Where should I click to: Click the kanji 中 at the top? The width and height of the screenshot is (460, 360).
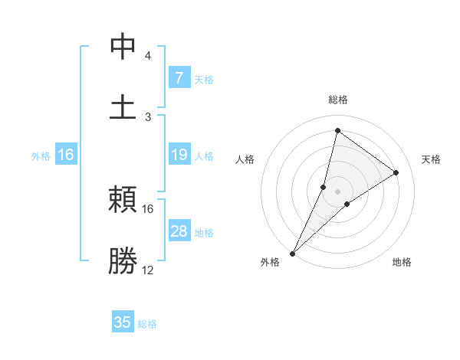tap(123, 47)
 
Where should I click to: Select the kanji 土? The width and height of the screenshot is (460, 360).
tap(123, 106)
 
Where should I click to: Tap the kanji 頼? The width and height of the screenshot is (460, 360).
tap(123, 201)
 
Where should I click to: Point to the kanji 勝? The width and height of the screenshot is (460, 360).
tap(123, 260)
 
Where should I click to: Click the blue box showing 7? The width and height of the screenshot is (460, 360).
tap(179, 77)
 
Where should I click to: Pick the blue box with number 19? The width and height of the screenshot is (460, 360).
tap(179, 155)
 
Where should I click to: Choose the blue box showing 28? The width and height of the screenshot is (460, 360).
tap(179, 231)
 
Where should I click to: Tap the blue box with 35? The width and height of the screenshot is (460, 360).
tap(123, 322)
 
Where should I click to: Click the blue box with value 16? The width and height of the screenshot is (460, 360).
tap(66, 155)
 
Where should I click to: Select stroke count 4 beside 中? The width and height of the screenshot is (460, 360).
tap(148, 56)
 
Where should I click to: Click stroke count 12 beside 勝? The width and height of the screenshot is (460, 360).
tap(148, 270)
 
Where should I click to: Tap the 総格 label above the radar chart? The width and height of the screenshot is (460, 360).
tap(337, 100)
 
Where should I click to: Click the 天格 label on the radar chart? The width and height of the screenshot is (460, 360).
tap(431, 159)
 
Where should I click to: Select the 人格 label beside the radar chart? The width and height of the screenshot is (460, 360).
tap(245, 159)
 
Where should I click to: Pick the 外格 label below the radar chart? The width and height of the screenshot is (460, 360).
tap(270, 263)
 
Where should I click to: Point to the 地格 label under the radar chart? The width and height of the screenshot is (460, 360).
tap(402, 263)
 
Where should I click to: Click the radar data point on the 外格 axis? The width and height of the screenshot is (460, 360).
tap(293, 253)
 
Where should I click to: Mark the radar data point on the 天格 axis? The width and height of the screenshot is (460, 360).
tap(396, 172)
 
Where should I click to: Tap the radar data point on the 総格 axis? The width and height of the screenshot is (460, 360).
tap(337, 130)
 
